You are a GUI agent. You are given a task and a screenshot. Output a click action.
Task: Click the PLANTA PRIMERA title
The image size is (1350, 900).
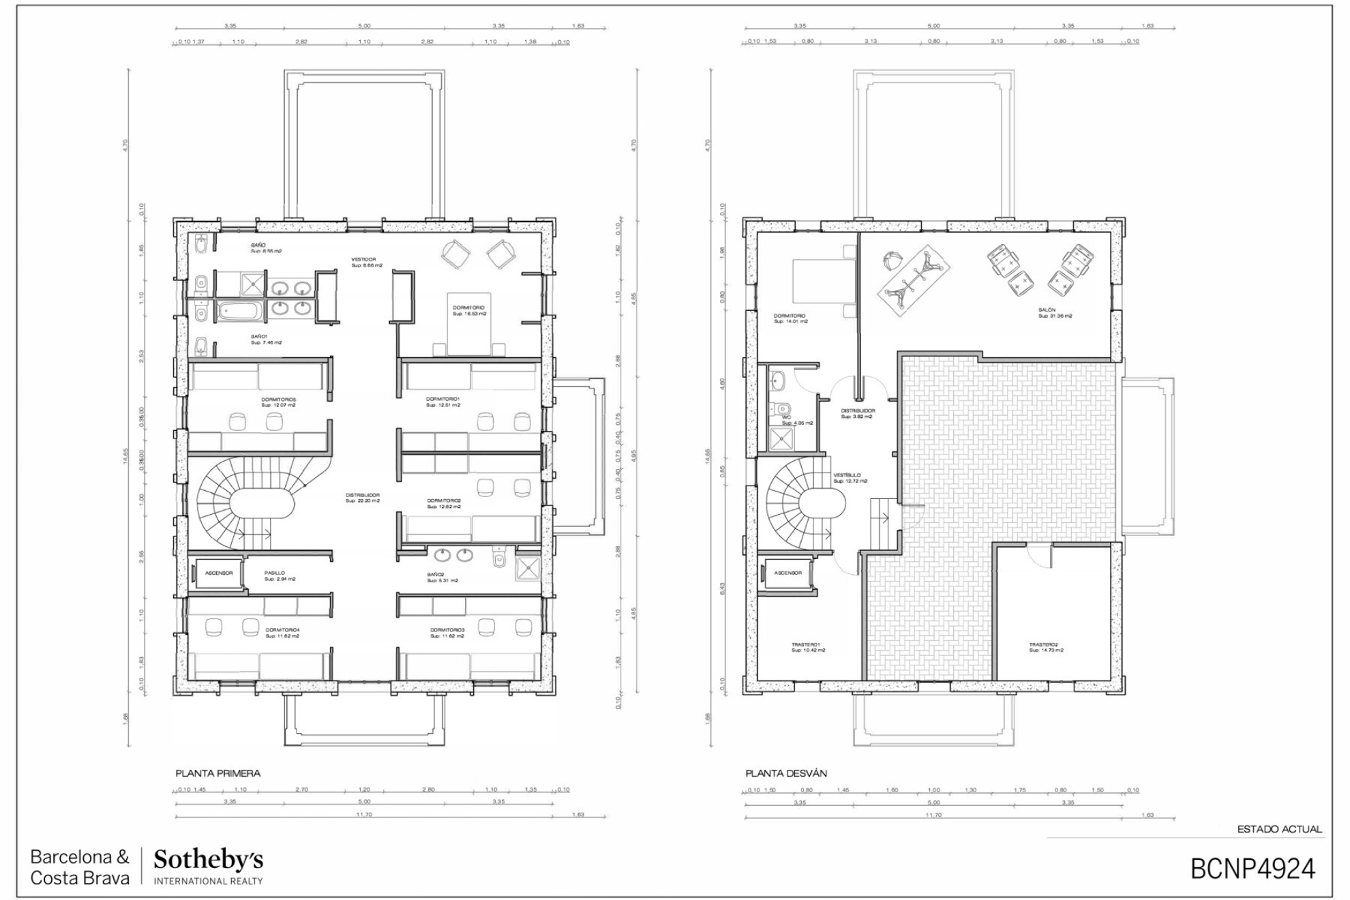click(x=217, y=773)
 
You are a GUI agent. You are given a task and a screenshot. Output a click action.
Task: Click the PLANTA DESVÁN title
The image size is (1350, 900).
click(x=785, y=773)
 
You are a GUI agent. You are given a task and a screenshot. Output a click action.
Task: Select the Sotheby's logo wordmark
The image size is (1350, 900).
click(x=208, y=860)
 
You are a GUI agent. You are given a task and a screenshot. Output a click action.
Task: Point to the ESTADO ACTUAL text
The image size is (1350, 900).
click(x=1279, y=829)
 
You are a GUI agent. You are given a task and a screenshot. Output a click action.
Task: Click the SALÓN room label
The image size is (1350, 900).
click(x=1047, y=310)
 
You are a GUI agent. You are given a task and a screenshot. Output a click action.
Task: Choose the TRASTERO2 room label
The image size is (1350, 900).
click(x=1044, y=644)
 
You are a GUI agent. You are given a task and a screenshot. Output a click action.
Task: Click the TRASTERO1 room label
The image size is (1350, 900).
click(x=805, y=644)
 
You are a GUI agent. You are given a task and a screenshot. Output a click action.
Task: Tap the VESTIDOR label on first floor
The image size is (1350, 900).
click(x=363, y=260)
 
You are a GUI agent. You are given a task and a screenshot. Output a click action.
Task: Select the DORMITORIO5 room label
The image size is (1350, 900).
click(x=278, y=400)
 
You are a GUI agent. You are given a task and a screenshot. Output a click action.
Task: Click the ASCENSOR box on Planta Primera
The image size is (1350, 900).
click(x=219, y=573)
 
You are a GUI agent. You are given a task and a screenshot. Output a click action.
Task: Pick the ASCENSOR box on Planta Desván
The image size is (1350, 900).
click(x=787, y=573)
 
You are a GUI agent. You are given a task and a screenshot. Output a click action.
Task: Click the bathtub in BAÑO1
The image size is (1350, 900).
click(x=239, y=312)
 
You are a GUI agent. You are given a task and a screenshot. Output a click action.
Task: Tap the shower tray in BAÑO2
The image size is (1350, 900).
click(x=527, y=568)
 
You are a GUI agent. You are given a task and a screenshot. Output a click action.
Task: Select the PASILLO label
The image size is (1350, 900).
click(x=275, y=573)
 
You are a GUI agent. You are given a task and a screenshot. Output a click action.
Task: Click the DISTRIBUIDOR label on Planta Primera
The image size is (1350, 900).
click(x=362, y=496)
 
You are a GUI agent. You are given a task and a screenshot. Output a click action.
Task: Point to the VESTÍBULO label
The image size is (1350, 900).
click(x=847, y=475)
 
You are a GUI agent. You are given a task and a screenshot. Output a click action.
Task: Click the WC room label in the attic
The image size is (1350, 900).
click(x=786, y=417)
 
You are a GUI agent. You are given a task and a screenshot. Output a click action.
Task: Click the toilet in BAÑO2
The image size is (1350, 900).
click(x=499, y=560)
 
